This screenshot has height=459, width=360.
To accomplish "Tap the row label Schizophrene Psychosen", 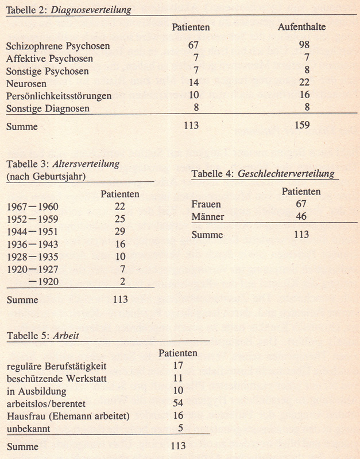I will (58, 46).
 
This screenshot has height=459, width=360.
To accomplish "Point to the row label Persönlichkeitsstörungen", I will (59, 95).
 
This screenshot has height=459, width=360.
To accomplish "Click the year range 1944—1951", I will (34, 231).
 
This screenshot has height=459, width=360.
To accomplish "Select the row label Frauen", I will (206, 204).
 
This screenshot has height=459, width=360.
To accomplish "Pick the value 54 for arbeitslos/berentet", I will (177, 403).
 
